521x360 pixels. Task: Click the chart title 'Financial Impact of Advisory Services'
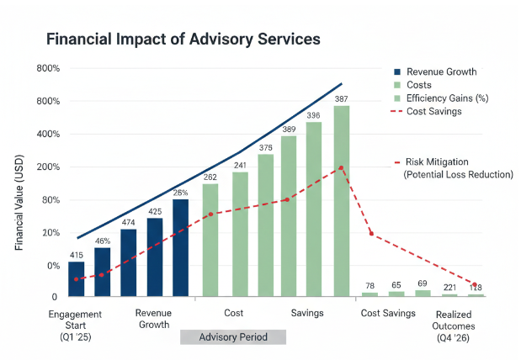(183, 40)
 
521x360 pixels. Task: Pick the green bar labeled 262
(210, 240)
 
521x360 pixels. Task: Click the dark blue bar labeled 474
(129, 262)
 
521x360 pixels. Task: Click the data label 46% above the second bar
(103, 241)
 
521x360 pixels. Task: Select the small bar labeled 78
(369, 294)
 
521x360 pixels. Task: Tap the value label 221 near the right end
(449, 287)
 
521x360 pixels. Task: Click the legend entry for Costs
(418, 85)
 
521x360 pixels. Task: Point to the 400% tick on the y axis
(48, 135)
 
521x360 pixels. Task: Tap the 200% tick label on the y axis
(48, 167)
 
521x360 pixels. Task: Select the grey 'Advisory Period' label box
(233, 337)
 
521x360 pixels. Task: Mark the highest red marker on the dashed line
(341, 167)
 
